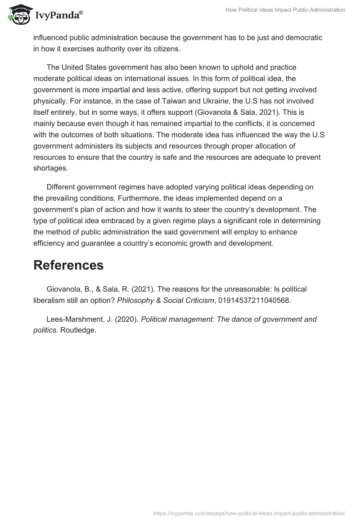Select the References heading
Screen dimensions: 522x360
68,265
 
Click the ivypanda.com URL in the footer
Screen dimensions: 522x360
249,513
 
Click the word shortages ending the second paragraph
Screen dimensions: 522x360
49,168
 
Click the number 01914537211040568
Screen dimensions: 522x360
255,300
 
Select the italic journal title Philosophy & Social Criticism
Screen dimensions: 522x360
165,300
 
